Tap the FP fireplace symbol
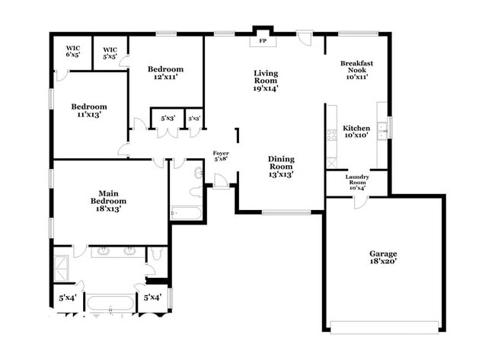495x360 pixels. click(x=263, y=40)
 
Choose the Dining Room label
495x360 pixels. click(x=280, y=166)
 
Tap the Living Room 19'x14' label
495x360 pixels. click(x=265, y=80)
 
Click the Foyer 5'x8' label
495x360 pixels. click(x=220, y=156)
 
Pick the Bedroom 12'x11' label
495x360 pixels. click(x=165, y=73)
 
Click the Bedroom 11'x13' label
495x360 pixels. click(x=89, y=110)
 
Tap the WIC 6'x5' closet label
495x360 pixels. click(x=72, y=52)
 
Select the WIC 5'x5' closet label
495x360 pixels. click(x=110, y=52)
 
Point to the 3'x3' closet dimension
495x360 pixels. click(x=194, y=118)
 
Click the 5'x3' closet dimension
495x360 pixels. click(x=168, y=118)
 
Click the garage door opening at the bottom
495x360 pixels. click(x=384, y=327)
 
